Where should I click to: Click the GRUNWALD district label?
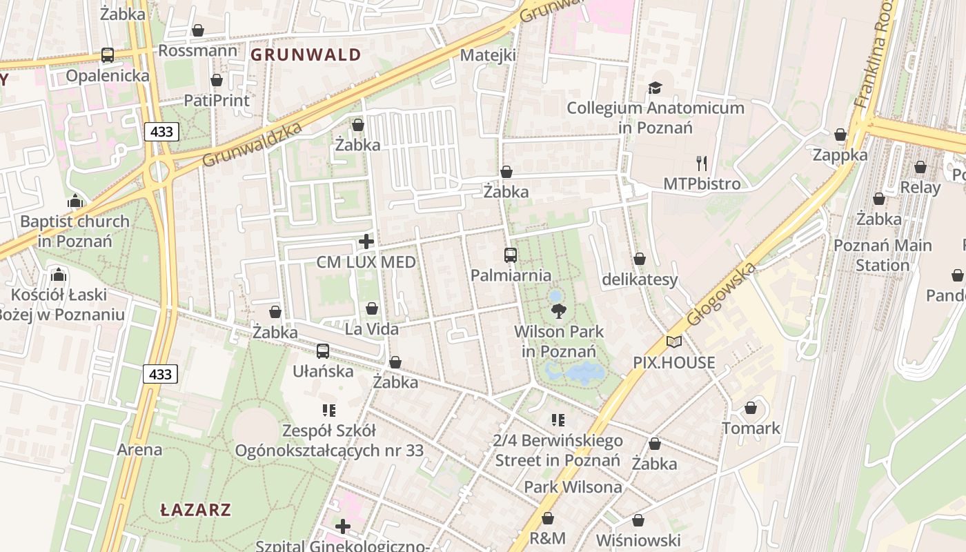click(306, 55)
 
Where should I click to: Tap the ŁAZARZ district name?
click(196, 511)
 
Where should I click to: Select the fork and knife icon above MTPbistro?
click(702, 164)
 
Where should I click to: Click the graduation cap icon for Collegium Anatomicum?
click(654, 88)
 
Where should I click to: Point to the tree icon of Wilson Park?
click(559, 311)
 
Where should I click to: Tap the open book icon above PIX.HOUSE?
click(674, 342)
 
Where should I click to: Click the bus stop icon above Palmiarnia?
click(511, 255)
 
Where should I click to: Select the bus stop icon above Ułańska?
click(323, 351)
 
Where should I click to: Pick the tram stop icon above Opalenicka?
click(108, 55)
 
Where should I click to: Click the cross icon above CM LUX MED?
click(366, 241)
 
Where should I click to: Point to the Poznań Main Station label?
click(883, 255)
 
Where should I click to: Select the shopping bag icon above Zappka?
click(840, 135)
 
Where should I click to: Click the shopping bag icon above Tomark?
click(751, 408)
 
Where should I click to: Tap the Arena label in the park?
click(139, 450)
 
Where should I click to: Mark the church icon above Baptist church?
click(75, 201)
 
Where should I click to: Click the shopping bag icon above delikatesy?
click(640, 259)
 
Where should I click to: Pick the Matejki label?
click(488, 55)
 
